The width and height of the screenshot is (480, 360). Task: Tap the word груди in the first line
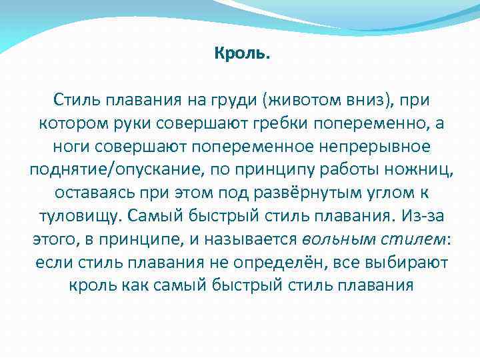(237, 101)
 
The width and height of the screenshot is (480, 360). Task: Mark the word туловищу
(75, 216)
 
